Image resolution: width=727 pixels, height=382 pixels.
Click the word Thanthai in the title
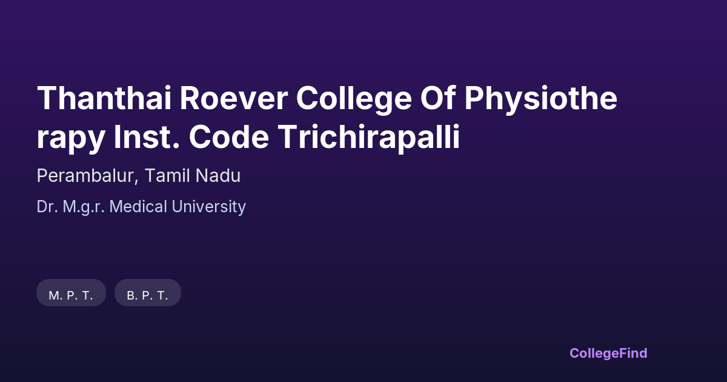click(104, 98)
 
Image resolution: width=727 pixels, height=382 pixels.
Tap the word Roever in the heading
click(234, 98)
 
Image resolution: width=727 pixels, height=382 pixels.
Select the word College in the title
click(354, 100)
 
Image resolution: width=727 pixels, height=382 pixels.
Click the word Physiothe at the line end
click(540, 99)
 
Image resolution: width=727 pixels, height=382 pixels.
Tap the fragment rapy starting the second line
click(71, 139)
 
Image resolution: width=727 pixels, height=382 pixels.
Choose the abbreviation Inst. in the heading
click(147, 136)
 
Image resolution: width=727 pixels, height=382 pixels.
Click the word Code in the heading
click(229, 136)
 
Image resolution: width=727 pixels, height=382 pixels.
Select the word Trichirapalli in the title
click(369, 138)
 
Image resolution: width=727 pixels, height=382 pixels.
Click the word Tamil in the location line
click(167, 176)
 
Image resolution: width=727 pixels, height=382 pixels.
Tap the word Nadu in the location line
click(218, 176)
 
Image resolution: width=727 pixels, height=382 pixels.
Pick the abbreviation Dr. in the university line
click(47, 207)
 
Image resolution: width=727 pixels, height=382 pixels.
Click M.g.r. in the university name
click(84, 207)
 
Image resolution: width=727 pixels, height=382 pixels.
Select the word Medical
click(138, 207)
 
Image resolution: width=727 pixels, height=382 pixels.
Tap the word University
click(208, 207)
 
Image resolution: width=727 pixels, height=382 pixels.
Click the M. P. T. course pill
click(71, 293)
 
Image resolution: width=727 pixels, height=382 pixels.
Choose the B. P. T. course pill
click(148, 293)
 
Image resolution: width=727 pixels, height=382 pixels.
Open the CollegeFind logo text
click(608, 354)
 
